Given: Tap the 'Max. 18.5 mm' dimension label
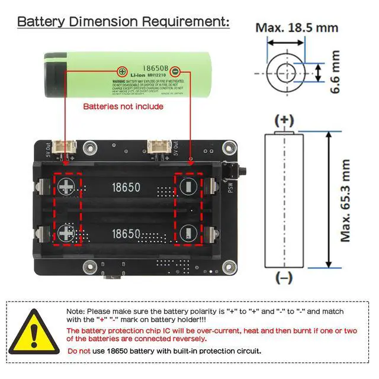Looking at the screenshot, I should (x=297, y=27).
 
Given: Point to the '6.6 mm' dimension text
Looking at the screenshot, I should (x=336, y=73).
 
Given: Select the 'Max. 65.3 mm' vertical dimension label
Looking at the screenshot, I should (x=346, y=195).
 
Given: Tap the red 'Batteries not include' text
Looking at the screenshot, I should (x=123, y=107).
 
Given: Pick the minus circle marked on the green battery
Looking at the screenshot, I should (x=174, y=71).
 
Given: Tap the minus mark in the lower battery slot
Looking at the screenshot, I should (x=188, y=232).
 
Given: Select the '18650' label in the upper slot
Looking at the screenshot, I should (x=126, y=188).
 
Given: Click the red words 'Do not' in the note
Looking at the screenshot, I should (x=78, y=351).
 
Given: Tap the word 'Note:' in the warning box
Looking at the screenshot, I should (x=76, y=311).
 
